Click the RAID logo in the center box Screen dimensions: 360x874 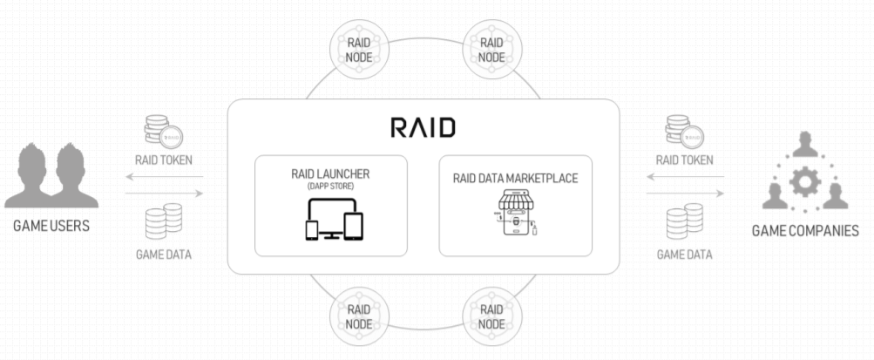tap(423, 128)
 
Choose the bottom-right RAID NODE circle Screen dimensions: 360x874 tap(491, 316)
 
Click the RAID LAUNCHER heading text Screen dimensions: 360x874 tap(330, 173)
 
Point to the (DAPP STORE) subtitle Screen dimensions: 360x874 tap(330, 186)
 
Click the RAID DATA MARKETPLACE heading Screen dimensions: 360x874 tap(515, 179)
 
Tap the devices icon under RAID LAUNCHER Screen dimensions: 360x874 tap(330, 219)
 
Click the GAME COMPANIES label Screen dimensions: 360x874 tap(806, 231)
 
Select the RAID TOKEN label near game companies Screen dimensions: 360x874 tap(684, 160)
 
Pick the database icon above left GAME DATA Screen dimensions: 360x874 tap(164, 221)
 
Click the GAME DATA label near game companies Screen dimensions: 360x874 tap(684, 255)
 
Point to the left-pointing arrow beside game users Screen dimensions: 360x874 tap(166, 177)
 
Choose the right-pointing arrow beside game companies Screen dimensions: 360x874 tap(684, 194)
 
